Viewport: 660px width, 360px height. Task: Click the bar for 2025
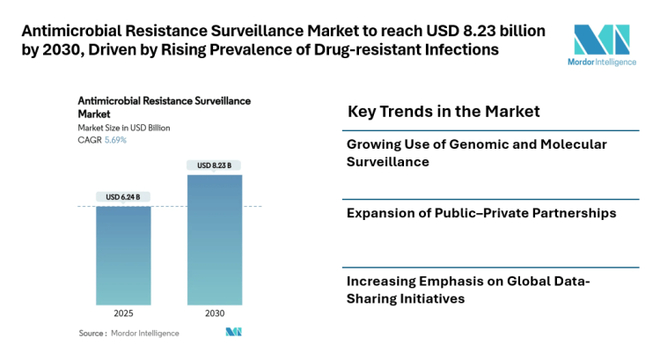[123, 255]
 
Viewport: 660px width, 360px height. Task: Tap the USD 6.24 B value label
[123, 196]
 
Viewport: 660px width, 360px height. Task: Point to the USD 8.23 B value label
[214, 165]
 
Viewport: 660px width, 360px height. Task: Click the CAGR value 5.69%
[115, 140]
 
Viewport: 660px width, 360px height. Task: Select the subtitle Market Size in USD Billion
[124, 128]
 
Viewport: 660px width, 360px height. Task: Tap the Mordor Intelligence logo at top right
[601, 43]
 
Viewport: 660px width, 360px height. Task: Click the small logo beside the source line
[233, 332]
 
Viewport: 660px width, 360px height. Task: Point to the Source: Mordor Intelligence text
[128, 333]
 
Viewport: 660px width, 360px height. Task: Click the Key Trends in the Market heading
[444, 112]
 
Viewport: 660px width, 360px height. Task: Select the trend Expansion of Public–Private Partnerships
[480, 213]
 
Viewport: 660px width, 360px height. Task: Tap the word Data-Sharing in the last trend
[557, 282]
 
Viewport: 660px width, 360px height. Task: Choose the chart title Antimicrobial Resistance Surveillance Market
[164, 107]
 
